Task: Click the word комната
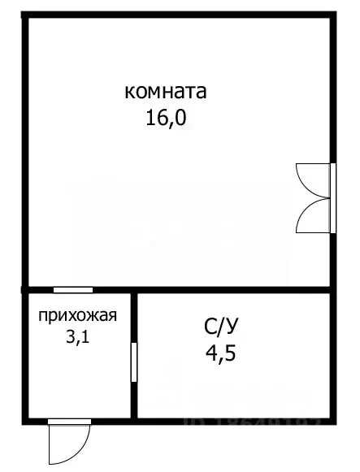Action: [x=166, y=91]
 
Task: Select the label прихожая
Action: [x=78, y=316]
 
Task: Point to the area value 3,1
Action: [x=78, y=336]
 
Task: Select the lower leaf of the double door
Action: [x=313, y=217]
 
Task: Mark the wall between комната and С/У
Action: [x=236, y=290]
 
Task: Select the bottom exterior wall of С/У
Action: [x=236, y=420]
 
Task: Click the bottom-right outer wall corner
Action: [x=332, y=420]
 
